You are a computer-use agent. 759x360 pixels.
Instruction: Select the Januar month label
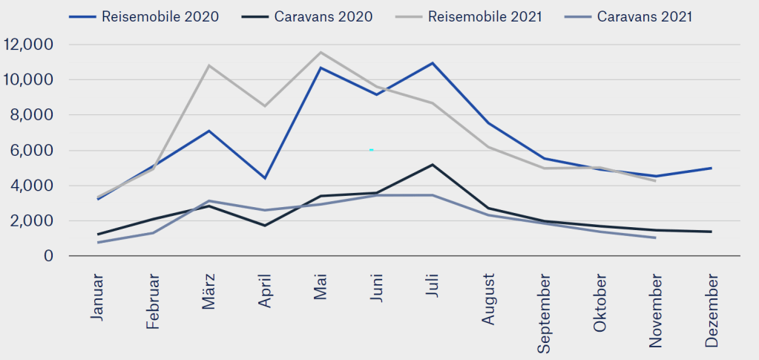tap(98, 296)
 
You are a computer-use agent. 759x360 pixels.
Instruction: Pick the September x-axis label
tap(544, 313)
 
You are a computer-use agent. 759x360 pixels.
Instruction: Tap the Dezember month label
tap(712, 310)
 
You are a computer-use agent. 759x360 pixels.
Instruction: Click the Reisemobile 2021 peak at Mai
tap(321, 52)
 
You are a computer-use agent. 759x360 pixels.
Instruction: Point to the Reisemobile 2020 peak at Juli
tap(432, 63)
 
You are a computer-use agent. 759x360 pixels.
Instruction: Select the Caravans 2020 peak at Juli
tap(432, 165)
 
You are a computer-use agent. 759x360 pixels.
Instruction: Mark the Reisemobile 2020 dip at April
tap(265, 178)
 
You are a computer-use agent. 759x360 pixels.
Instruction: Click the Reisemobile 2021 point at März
tap(209, 65)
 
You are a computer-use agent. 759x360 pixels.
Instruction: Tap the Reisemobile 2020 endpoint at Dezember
tap(712, 168)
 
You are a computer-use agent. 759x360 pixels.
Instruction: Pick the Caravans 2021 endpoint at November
tap(655, 238)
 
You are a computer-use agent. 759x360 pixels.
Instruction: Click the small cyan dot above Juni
tap(371, 150)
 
